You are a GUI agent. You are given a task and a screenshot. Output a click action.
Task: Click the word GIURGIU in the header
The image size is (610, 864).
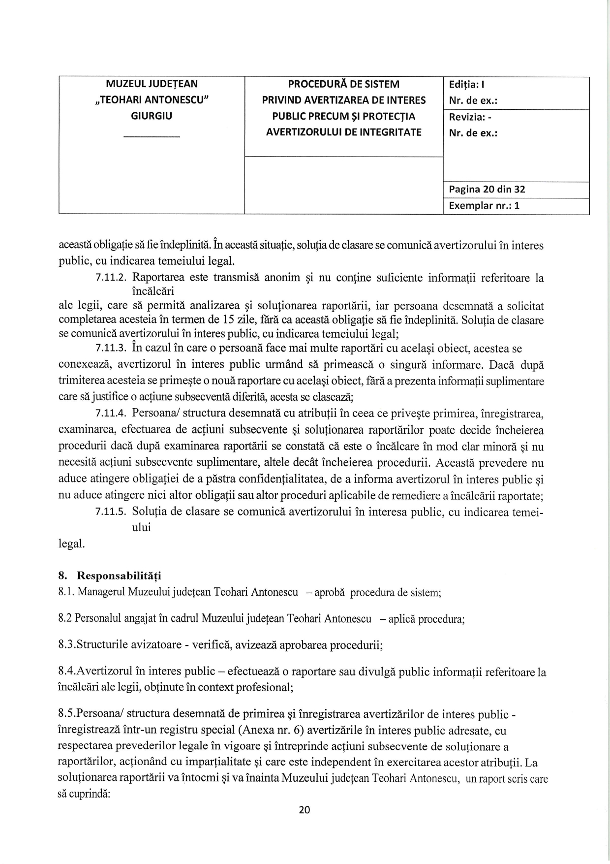tap(152, 116)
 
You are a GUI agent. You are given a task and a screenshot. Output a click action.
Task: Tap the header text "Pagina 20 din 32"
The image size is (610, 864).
tap(487, 190)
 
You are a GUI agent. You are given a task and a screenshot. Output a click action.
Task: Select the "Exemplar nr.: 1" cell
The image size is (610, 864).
tap(484, 206)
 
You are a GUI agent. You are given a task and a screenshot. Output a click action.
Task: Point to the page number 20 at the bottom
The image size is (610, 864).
tap(305, 810)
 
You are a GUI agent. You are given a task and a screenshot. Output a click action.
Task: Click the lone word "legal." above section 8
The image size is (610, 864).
tap(71, 544)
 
